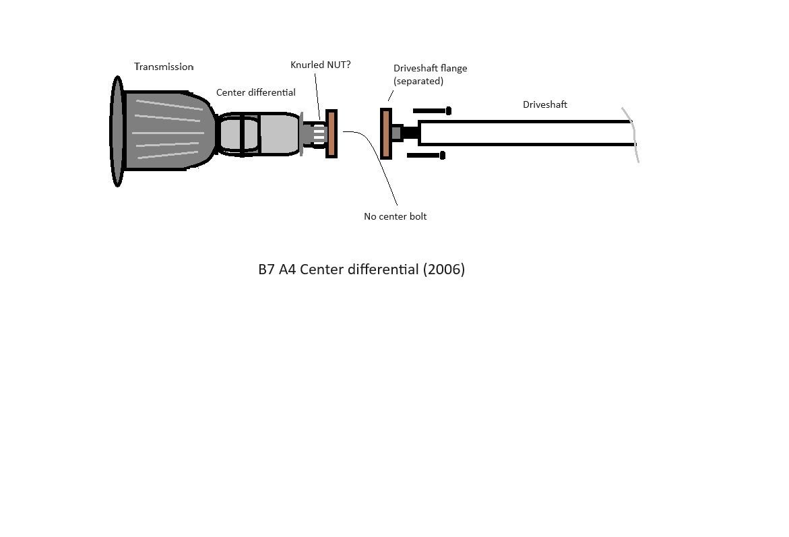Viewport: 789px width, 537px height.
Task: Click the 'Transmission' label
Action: (x=164, y=67)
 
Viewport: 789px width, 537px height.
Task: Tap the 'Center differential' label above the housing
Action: (x=255, y=92)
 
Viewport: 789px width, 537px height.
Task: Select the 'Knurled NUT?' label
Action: (x=321, y=65)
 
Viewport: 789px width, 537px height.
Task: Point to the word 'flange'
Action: (x=453, y=68)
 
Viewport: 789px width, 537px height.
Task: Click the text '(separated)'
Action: (x=418, y=81)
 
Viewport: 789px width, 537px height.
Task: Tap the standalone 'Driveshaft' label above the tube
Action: (x=545, y=104)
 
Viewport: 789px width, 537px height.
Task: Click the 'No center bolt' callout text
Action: (x=395, y=216)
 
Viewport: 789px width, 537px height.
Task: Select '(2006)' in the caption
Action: (x=443, y=270)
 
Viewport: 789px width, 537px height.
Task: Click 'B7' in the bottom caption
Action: (x=266, y=270)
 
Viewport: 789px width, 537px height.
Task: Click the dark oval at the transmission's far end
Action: (x=117, y=131)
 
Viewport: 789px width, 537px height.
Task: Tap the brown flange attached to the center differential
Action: (x=332, y=134)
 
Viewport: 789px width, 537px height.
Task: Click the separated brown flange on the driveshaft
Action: (x=386, y=134)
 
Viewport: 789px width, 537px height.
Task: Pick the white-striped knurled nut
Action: (x=319, y=134)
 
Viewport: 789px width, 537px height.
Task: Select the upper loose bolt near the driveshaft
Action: (x=432, y=110)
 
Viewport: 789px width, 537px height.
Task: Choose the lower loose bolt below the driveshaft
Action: (x=426, y=156)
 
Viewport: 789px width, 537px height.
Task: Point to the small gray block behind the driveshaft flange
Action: (x=396, y=133)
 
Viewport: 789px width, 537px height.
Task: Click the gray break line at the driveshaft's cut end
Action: (x=631, y=135)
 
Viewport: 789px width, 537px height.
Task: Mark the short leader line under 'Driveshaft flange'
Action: (x=391, y=96)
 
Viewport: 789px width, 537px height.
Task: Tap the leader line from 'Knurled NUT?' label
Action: (x=317, y=96)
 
